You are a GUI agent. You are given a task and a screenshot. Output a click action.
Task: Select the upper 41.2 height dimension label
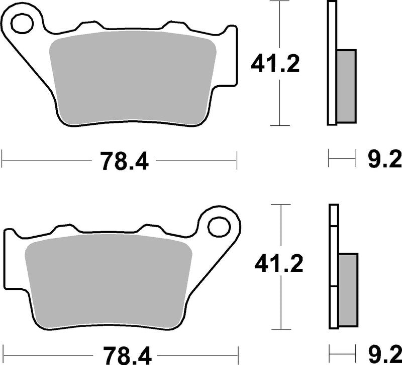275,64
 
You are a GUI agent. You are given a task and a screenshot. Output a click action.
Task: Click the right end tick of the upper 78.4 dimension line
236,161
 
